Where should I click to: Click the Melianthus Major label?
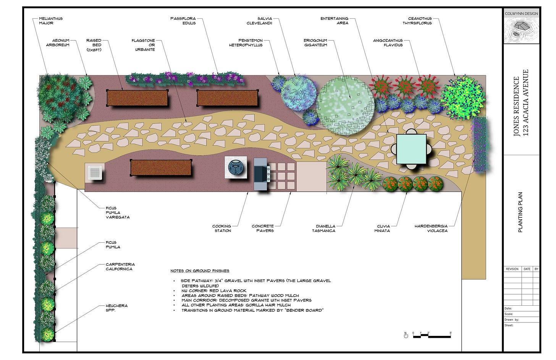(51, 21)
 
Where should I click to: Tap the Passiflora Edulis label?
(183, 21)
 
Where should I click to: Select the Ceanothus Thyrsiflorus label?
(419, 21)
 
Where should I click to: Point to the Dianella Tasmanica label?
(323, 228)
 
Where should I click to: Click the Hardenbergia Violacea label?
(431, 228)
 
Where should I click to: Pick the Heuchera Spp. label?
(116, 308)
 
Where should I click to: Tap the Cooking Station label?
(222, 228)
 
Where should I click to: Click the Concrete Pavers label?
(263, 228)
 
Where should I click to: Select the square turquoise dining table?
(411, 149)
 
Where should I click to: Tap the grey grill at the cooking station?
(261, 174)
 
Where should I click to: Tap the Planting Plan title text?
(520, 212)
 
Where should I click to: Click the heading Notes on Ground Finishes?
(200, 271)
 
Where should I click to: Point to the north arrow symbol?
(406, 335)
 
